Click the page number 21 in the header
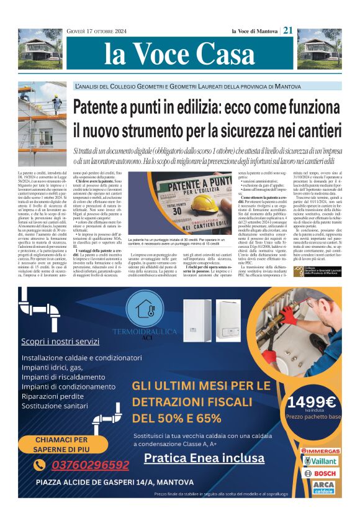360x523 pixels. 288,30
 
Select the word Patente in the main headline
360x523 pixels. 104,108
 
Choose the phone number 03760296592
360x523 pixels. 90,465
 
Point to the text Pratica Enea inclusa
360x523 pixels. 202,458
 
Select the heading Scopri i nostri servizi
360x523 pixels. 68,341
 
